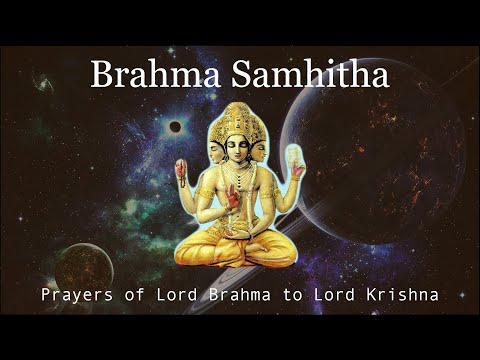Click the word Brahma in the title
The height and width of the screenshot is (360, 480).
click(145, 74)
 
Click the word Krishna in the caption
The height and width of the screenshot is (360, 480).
click(406, 295)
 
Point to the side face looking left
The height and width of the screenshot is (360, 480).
click(212, 145)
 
